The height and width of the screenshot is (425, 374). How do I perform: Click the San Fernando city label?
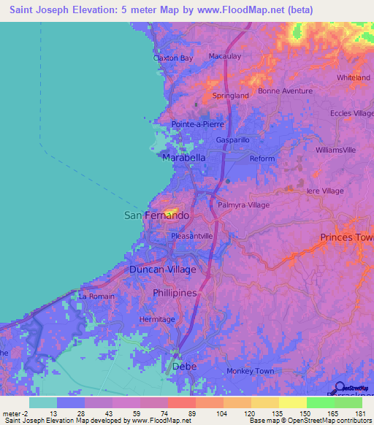pos(156,216)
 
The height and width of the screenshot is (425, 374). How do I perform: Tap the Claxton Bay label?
pos(173,58)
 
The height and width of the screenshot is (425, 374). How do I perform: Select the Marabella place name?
pos(183,158)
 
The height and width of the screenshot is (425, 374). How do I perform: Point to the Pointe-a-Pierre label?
pos(197,124)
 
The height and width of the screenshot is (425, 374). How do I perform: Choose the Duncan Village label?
pos(162,269)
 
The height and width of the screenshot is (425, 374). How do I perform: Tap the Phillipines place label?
pos(175,293)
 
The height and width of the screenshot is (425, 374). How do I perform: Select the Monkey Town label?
pos(250,371)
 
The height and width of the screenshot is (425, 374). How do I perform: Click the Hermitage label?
pos(157,319)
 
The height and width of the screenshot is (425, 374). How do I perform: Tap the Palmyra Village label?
pos(243,205)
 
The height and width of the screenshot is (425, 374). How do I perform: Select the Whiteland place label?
pos(353,77)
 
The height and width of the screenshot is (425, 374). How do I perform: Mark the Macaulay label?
pos(224,56)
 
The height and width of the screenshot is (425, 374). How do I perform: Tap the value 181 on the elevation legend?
pos(359,413)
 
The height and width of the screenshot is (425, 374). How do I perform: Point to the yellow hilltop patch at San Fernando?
pos(172,212)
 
